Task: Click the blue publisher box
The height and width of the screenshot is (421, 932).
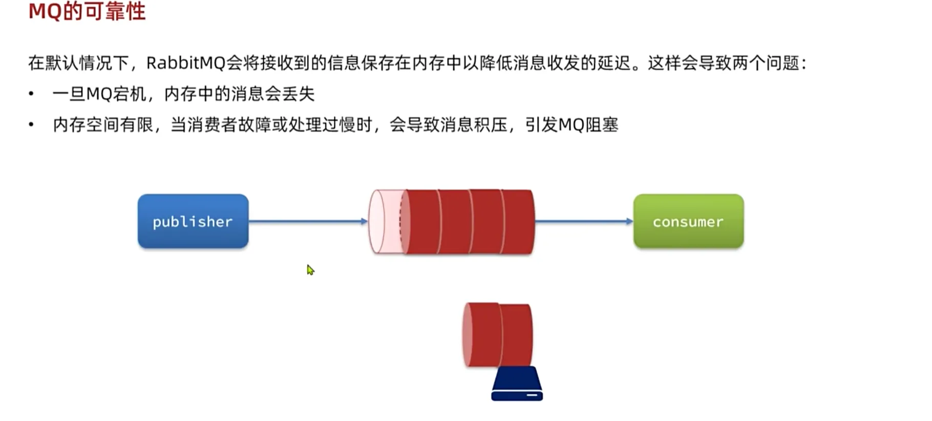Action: (193, 221)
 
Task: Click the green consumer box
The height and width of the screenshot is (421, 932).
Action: (688, 221)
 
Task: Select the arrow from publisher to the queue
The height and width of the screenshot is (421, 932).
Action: (308, 221)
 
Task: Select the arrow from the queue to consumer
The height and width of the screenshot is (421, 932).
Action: (584, 221)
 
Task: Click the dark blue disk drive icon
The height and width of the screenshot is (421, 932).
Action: (517, 384)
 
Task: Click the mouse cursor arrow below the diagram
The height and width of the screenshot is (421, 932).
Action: (310, 269)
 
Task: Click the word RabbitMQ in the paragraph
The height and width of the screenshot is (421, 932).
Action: (186, 63)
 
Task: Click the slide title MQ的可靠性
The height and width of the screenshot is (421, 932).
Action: (87, 11)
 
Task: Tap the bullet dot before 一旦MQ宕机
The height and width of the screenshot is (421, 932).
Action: (31, 94)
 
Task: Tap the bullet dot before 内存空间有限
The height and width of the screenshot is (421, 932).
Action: (31, 124)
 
